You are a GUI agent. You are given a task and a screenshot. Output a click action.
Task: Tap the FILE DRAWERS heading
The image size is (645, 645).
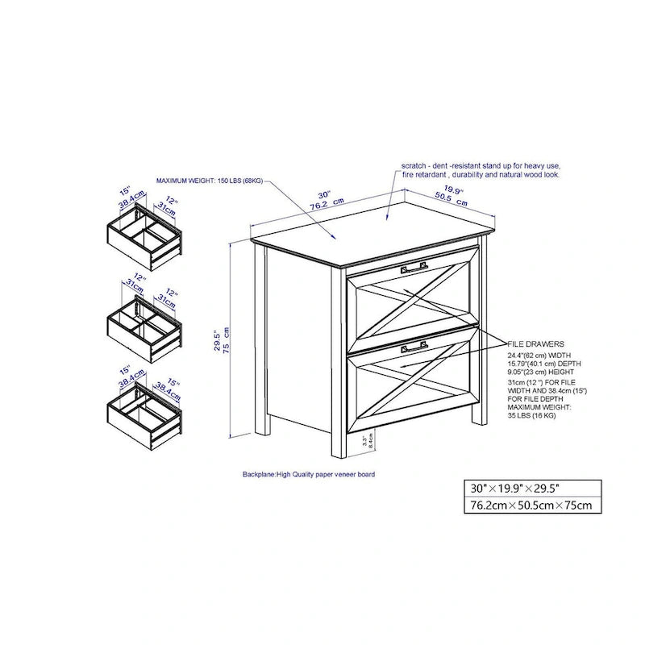pyautogui.click(x=535, y=343)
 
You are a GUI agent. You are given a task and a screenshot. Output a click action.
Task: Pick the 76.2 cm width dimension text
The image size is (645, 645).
pyautogui.click(x=329, y=204)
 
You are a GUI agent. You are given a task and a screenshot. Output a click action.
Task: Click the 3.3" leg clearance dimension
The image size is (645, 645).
pyautogui.click(x=365, y=440)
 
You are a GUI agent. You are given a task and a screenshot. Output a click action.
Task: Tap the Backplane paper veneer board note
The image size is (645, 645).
pyautogui.click(x=309, y=475)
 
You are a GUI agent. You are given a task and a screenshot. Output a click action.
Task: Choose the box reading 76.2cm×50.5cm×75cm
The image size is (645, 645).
pyautogui.click(x=532, y=506)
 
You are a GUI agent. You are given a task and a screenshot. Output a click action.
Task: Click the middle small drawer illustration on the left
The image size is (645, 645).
pyautogui.click(x=144, y=326)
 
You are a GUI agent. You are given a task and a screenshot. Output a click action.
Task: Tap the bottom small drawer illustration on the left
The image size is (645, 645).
pyautogui.click(x=144, y=413)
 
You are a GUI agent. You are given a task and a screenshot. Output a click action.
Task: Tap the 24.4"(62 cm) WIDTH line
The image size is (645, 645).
pyautogui.click(x=539, y=355)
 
